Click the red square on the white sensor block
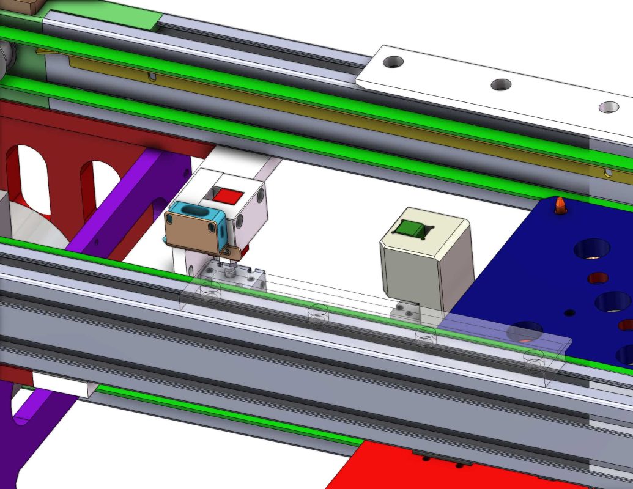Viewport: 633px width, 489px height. (x=230, y=196)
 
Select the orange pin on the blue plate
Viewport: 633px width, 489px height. (x=560, y=205)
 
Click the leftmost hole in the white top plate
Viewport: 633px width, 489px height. (x=393, y=62)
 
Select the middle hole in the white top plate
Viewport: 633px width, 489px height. (x=501, y=84)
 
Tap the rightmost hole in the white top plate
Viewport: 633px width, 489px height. (x=608, y=108)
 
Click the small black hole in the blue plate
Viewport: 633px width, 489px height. (x=570, y=312)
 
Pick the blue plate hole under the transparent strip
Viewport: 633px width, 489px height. (x=524, y=331)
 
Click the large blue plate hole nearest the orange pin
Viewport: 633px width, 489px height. (x=591, y=249)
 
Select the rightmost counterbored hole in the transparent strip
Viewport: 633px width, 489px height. (x=534, y=360)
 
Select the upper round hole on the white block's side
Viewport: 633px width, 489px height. (x=262, y=196)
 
